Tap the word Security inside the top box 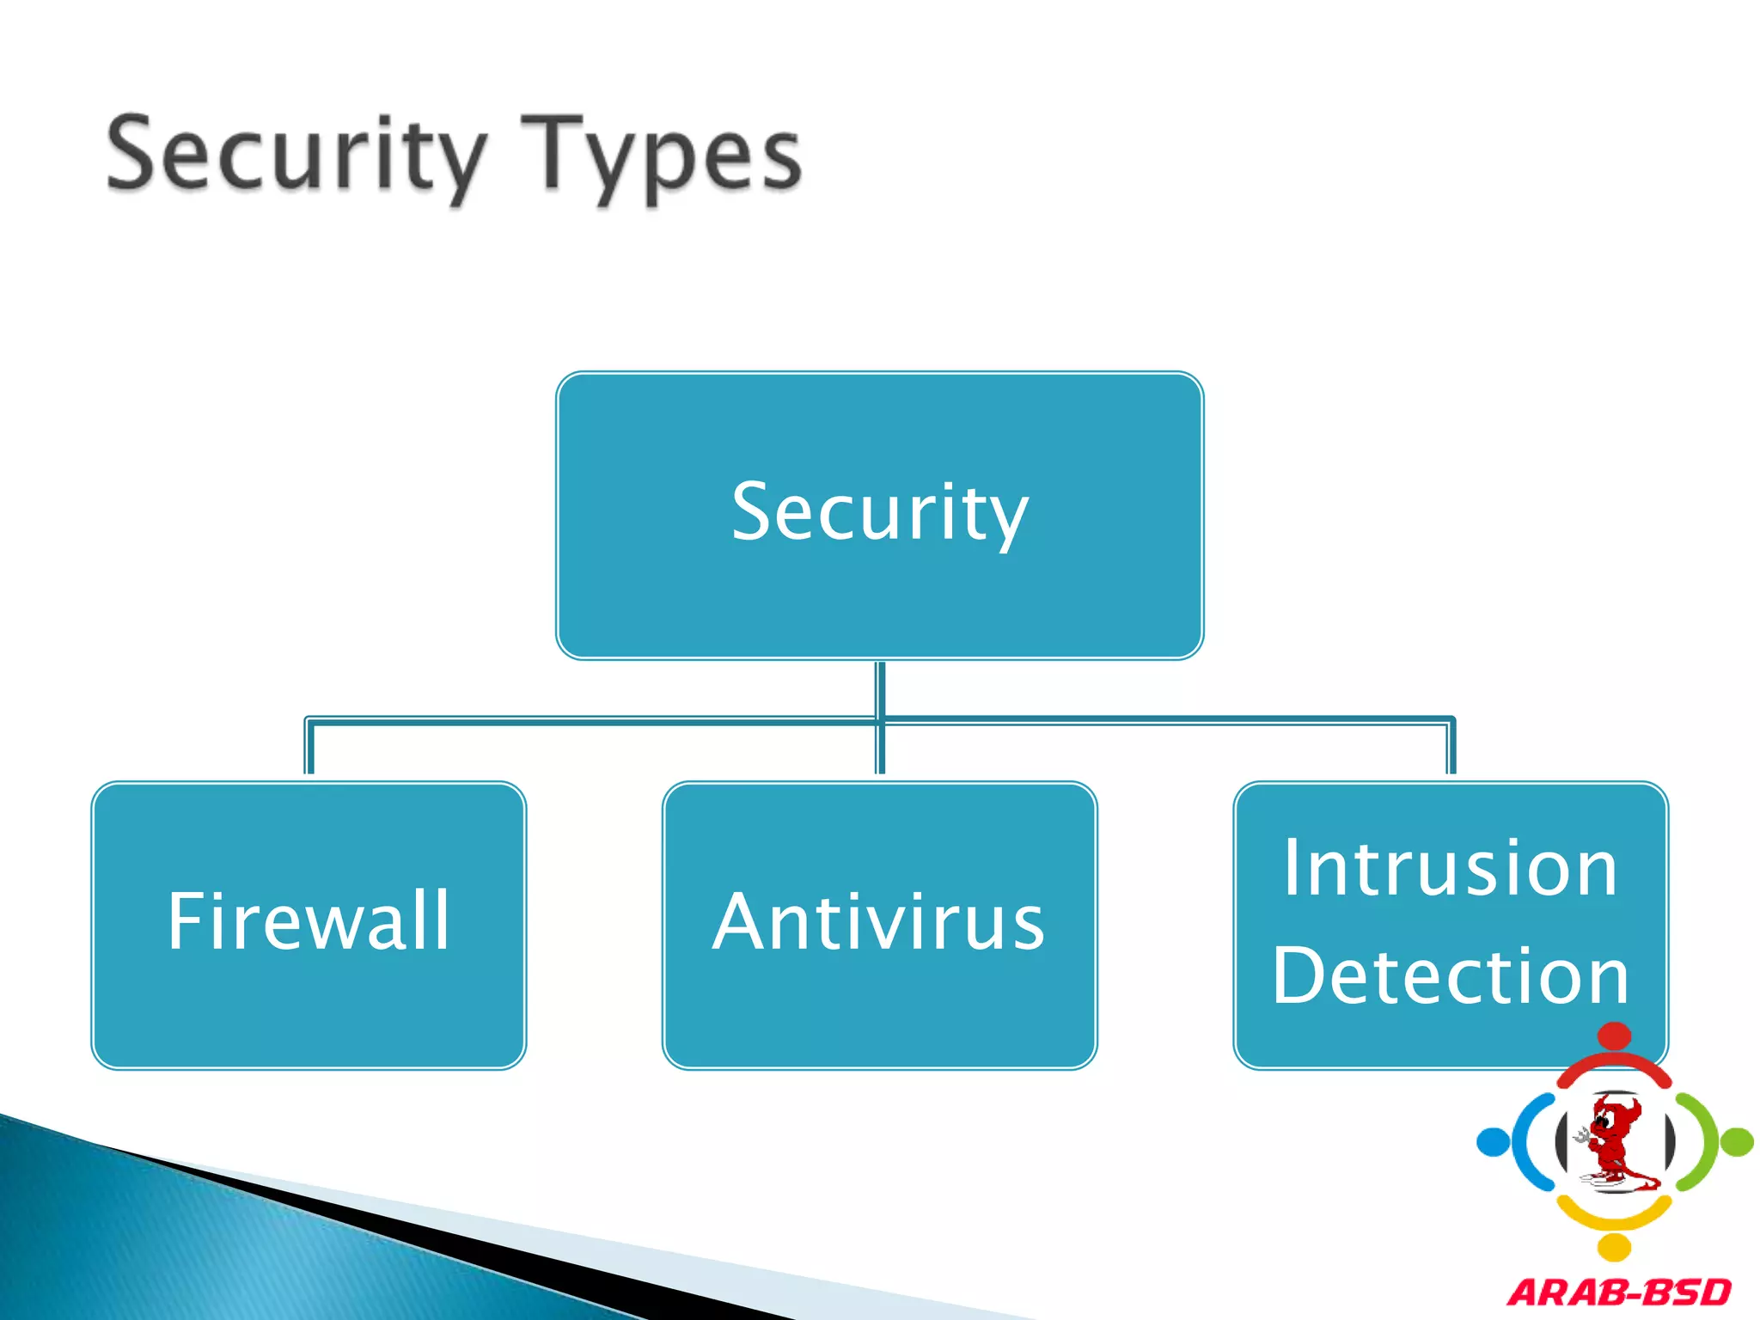(879, 512)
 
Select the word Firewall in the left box (309, 921)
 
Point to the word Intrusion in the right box (1451, 869)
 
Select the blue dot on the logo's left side (1493, 1142)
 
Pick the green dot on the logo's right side (1738, 1142)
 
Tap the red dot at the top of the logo (1616, 1036)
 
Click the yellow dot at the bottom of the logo (1616, 1247)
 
